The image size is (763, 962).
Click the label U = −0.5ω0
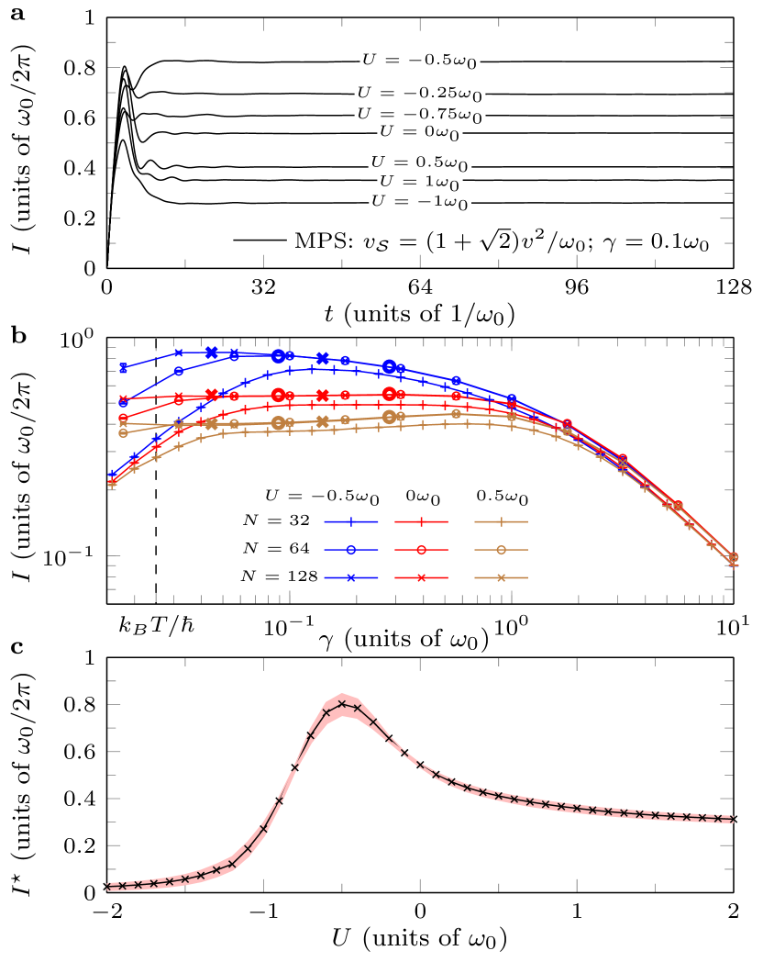(420, 61)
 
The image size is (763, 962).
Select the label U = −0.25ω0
(420, 94)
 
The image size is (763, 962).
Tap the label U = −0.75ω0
(420, 116)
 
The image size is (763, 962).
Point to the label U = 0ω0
(420, 133)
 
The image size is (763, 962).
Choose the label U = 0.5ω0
(420, 163)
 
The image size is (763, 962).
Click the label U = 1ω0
(420, 183)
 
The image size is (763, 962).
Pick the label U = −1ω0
(420, 202)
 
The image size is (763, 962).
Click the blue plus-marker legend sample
(350, 521)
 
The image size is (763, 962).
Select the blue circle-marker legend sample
(350, 550)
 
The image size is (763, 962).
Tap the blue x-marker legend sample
(350, 578)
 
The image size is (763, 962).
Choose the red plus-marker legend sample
(421, 521)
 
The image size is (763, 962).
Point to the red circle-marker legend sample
(421, 550)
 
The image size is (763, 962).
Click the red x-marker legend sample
(421, 578)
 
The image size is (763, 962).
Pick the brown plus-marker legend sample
(501, 521)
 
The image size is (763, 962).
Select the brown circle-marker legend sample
(501, 550)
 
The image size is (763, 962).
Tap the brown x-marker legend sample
(501, 578)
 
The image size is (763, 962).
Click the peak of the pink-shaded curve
(342, 704)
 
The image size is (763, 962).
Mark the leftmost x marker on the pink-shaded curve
(108, 887)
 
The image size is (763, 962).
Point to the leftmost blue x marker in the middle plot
(123, 368)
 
